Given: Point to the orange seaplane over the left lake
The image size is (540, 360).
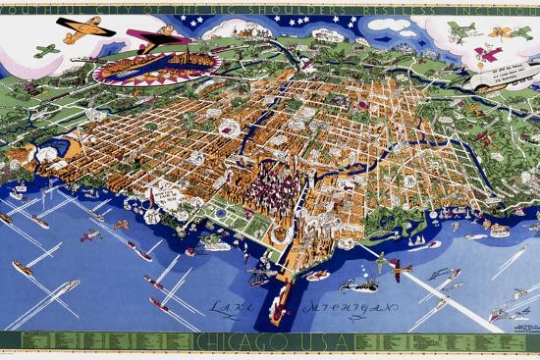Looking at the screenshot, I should coord(120,225).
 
